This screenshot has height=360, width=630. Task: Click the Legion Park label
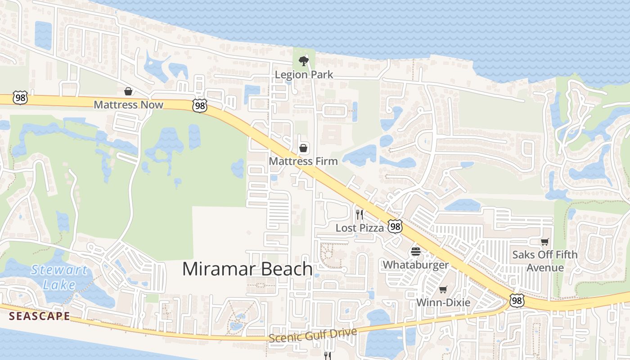pyautogui.click(x=304, y=74)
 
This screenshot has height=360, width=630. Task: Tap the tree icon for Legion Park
pyautogui.click(x=304, y=61)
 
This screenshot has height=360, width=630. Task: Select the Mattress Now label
pyautogui.click(x=128, y=105)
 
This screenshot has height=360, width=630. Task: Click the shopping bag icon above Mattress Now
pyautogui.click(x=128, y=91)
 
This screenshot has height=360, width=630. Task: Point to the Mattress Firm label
pyautogui.click(x=303, y=161)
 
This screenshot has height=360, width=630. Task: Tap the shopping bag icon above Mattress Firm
pyautogui.click(x=304, y=148)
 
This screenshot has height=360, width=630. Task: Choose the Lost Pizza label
pyautogui.click(x=360, y=228)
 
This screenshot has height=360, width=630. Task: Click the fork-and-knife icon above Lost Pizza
pyautogui.click(x=359, y=214)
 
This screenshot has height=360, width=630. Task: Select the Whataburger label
pyautogui.click(x=416, y=265)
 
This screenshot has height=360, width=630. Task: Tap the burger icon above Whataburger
pyautogui.click(x=416, y=252)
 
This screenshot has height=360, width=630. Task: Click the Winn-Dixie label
pyautogui.click(x=443, y=302)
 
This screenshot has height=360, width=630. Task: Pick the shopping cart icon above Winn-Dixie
pyautogui.click(x=443, y=289)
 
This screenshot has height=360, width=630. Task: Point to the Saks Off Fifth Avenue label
pyautogui.click(x=545, y=261)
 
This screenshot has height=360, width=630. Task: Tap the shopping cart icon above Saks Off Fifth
pyautogui.click(x=545, y=242)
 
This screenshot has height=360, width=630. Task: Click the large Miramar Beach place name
pyautogui.click(x=247, y=269)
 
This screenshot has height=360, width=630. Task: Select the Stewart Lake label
pyautogui.click(x=59, y=277)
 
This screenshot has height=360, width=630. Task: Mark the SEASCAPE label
pyautogui.click(x=40, y=316)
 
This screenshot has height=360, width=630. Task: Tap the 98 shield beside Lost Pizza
pyautogui.click(x=395, y=226)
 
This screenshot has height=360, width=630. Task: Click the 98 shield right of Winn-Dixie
pyautogui.click(x=516, y=300)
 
